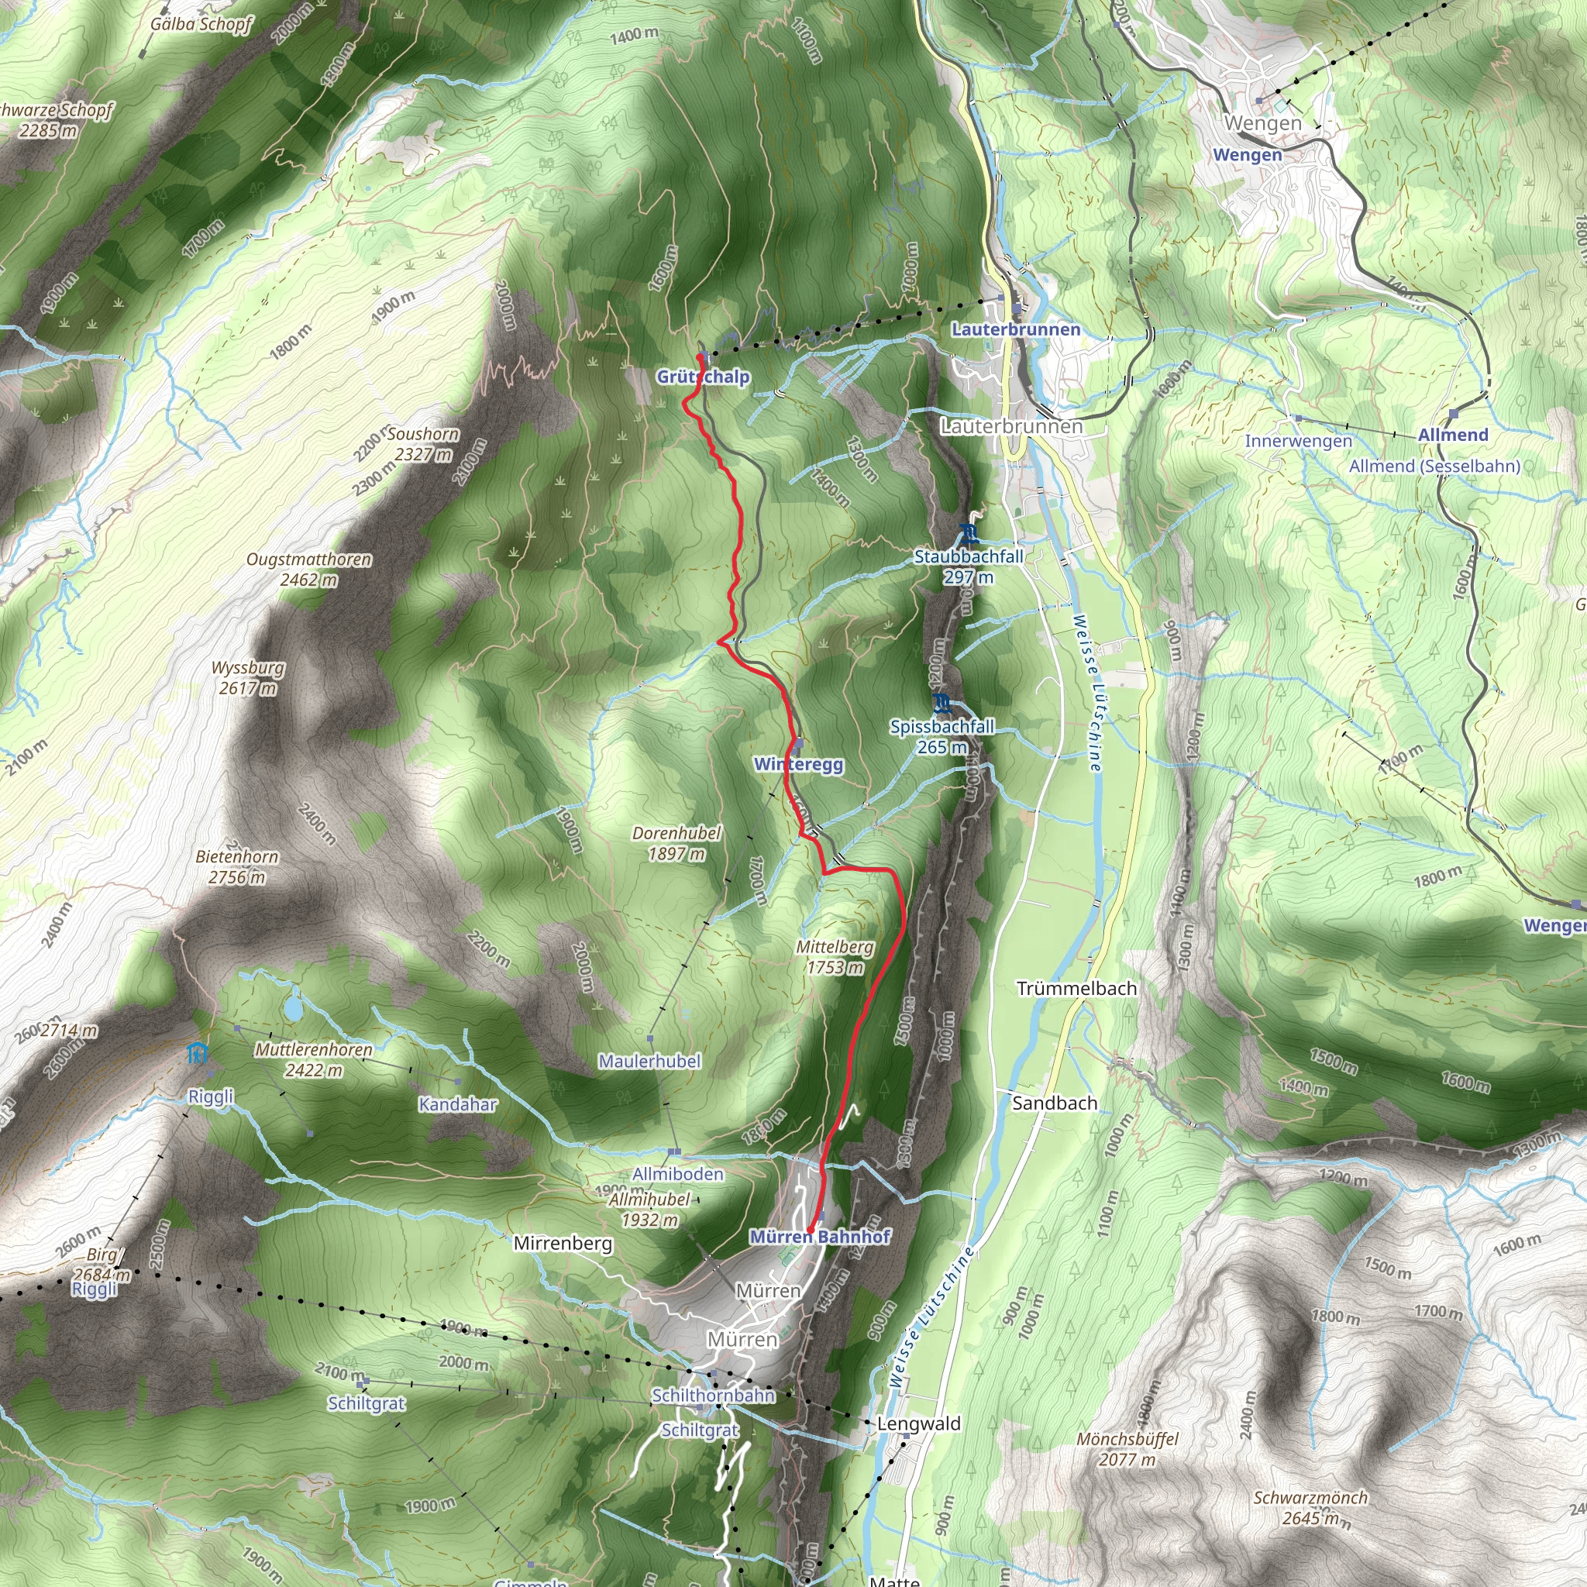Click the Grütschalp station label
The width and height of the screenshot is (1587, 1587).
(702, 377)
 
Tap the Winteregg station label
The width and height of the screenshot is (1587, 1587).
(798, 765)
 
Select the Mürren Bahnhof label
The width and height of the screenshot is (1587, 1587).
(820, 1236)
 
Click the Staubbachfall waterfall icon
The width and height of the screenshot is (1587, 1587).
(969, 534)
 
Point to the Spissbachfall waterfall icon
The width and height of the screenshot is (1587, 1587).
(942, 704)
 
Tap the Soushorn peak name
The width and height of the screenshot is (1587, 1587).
(423, 434)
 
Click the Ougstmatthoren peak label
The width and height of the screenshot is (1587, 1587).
(309, 560)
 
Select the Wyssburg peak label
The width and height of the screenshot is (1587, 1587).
(248, 668)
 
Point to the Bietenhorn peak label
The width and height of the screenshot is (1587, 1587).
(237, 857)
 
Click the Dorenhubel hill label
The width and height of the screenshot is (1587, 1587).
(676, 833)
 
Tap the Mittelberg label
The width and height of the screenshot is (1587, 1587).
(835, 947)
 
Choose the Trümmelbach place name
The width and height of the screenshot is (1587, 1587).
(1076, 988)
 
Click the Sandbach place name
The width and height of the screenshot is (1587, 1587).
(1054, 1103)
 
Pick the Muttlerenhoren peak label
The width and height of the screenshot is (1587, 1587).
(313, 1050)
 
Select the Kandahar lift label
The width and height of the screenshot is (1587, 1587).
(457, 1104)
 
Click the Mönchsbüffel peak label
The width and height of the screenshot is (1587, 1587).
(1127, 1439)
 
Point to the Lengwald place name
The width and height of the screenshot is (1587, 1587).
(918, 1423)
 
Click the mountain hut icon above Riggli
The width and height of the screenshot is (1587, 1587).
(196, 1053)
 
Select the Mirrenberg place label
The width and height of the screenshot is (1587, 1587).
(563, 1244)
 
